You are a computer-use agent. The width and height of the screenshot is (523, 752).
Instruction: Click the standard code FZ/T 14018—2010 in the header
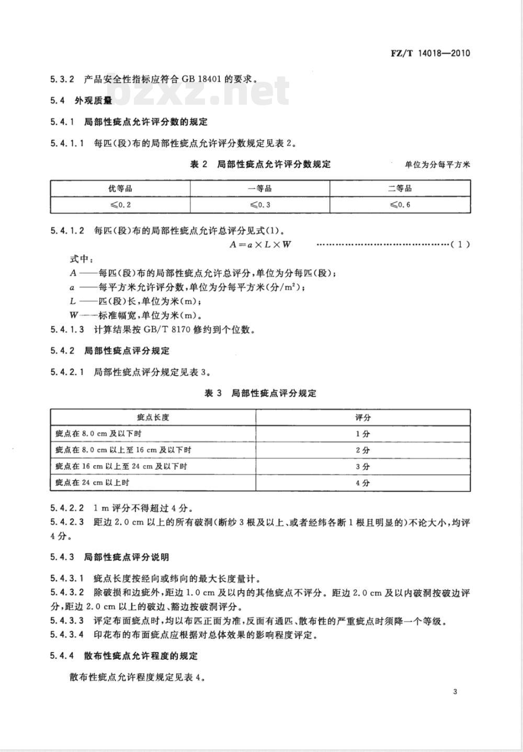pyautogui.click(x=430, y=53)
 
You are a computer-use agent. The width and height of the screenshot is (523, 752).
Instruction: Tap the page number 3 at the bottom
pyautogui.click(x=455, y=692)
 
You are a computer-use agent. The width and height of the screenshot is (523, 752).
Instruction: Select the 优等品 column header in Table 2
pyautogui.click(x=120, y=189)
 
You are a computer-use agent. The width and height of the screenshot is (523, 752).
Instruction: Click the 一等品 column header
pyautogui.click(x=259, y=189)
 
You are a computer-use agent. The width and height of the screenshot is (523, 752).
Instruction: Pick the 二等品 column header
pyautogui.click(x=400, y=189)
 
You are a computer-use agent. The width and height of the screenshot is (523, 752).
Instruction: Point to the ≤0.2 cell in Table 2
pyautogui.click(x=120, y=204)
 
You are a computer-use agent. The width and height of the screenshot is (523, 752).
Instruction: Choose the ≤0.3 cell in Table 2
pyautogui.click(x=259, y=204)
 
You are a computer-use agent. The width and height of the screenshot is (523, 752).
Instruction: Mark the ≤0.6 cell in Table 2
pyautogui.click(x=400, y=204)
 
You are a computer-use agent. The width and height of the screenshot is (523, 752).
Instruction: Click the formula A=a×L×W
pyautogui.click(x=260, y=244)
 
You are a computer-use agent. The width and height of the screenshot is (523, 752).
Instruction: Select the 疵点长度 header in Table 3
pyautogui.click(x=153, y=417)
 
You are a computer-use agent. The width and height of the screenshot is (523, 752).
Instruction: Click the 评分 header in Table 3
pyautogui.click(x=362, y=417)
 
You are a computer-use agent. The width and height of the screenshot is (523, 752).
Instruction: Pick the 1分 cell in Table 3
pyautogui.click(x=362, y=434)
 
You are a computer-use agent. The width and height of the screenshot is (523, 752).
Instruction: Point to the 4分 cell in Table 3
pyautogui.click(x=362, y=483)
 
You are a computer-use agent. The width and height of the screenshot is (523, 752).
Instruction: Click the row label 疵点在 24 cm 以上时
pyautogui.click(x=92, y=483)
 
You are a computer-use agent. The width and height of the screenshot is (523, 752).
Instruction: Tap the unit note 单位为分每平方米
pyautogui.click(x=437, y=165)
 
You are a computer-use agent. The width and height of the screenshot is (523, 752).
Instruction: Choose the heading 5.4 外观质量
pyautogui.click(x=81, y=101)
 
